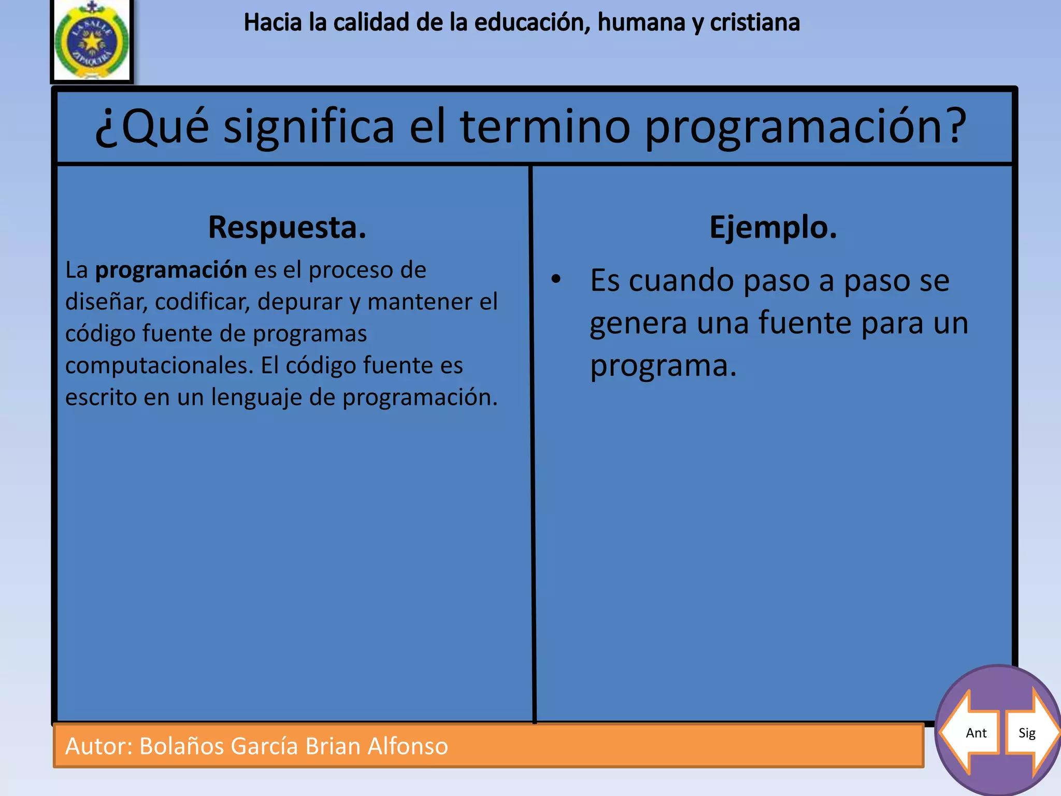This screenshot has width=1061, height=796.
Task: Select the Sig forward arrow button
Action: (1030, 732)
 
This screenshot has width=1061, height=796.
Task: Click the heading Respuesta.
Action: (287, 228)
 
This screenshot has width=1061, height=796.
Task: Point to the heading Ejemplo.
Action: (773, 228)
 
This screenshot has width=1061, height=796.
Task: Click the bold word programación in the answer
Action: (171, 271)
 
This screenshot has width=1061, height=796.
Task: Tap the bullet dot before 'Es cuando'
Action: (556, 279)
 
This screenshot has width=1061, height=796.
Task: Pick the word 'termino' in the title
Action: (545, 126)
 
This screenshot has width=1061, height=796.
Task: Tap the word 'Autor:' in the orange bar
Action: (99, 746)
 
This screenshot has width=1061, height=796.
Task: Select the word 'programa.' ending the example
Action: (663, 366)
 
